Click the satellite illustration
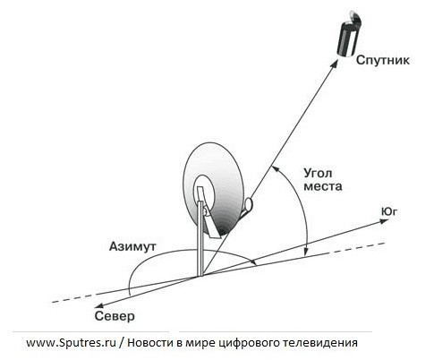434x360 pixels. click(x=349, y=34)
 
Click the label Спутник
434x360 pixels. click(x=383, y=60)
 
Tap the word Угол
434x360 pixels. click(x=318, y=174)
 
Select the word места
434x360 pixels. click(x=323, y=186)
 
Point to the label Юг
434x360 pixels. click(x=389, y=211)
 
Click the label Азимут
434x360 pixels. click(x=132, y=246)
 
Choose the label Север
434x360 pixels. click(x=115, y=316)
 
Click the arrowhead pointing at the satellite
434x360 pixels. click(x=335, y=64)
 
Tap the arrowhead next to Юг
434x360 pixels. click(x=384, y=221)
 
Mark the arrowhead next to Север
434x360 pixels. click(x=99, y=306)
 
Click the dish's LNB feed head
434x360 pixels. click(x=248, y=204)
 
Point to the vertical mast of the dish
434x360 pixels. click(x=200, y=238)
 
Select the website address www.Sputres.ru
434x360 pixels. click(x=71, y=343)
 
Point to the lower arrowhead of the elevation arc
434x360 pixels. click(x=305, y=253)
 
